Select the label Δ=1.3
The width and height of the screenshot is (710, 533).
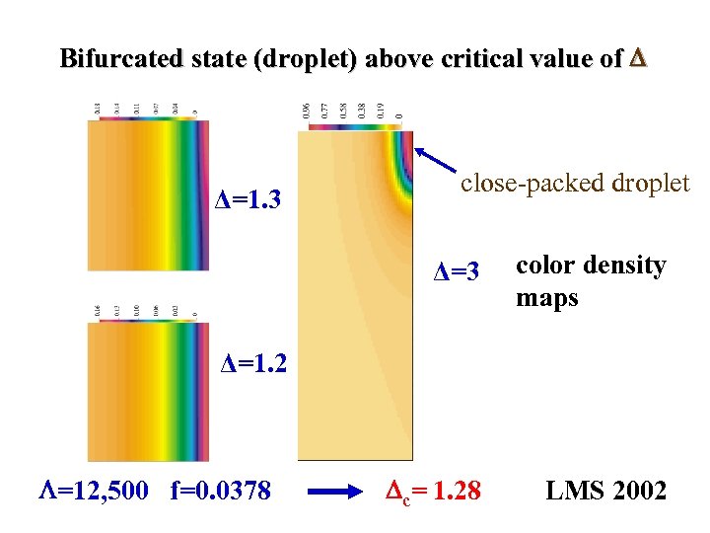tap(249, 202)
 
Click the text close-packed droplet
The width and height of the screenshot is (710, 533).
tap(575, 183)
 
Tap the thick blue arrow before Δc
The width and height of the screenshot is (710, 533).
tap(335, 490)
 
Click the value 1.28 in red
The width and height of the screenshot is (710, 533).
tap(456, 490)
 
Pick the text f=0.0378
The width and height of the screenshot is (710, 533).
tap(220, 490)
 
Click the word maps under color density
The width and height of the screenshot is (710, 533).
tap(546, 297)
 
